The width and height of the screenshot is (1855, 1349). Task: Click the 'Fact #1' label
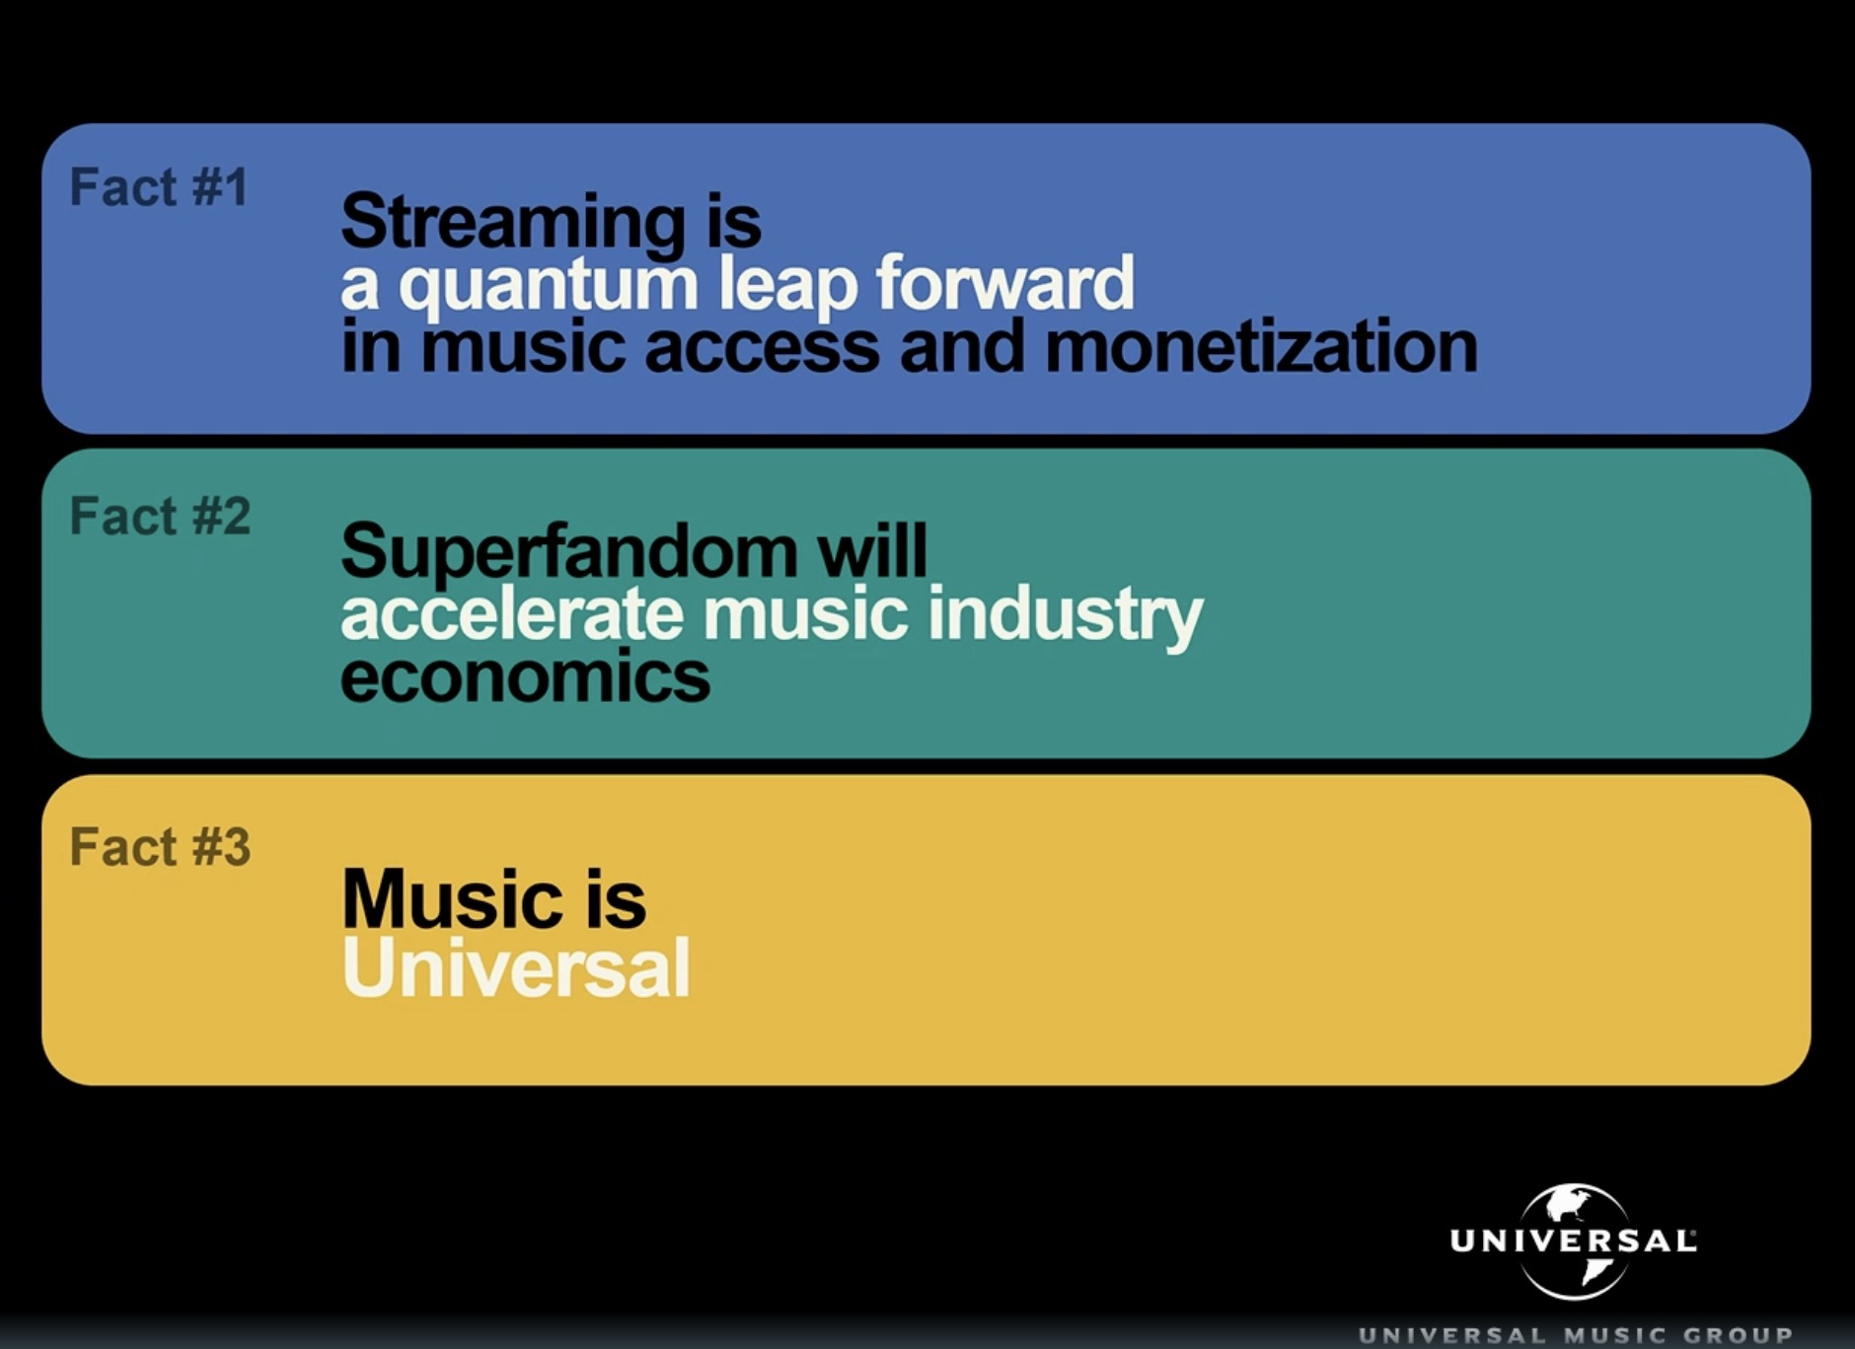coord(158,187)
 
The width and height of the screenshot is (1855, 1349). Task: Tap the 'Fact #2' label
coord(160,516)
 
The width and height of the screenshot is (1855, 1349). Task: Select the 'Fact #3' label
coord(160,847)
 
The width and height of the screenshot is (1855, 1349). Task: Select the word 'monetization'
coord(1261,347)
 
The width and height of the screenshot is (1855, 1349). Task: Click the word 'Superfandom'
coord(568,552)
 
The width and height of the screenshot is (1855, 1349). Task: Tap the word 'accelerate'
coord(512,613)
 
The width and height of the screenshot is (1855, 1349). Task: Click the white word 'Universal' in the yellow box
coord(516,967)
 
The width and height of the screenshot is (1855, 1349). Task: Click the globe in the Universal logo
coord(1574,1241)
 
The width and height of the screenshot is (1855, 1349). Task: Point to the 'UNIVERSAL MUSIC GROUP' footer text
coord(1576,1335)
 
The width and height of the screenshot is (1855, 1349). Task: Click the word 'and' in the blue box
coord(962,347)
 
